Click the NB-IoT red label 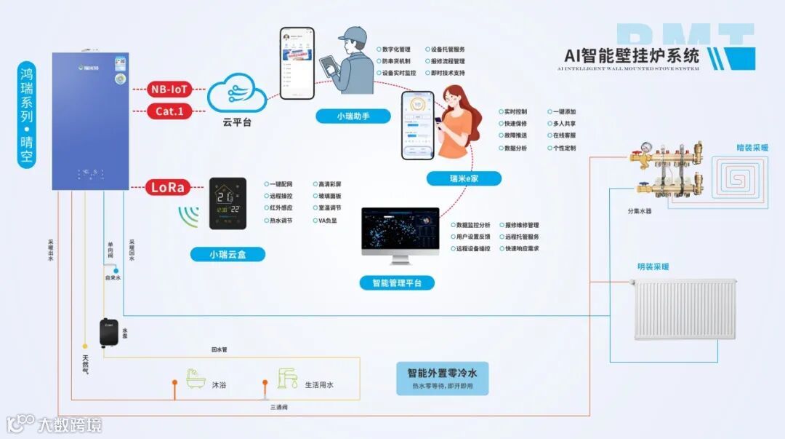coord(169,90)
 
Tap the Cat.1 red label coord(169,111)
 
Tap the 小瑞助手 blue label coord(353,116)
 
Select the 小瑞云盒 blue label coord(228,254)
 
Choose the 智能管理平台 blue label coord(396,282)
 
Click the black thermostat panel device coord(228,204)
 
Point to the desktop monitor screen coord(400,231)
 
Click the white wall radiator coord(676,309)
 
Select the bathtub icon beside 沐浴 coord(196,379)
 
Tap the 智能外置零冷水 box coord(442,378)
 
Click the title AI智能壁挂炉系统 coord(632,56)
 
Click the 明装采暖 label coord(653,267)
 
